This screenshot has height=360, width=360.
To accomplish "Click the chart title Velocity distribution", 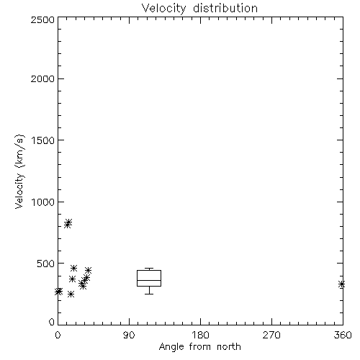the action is (199, 9).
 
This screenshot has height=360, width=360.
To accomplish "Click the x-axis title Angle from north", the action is (199, 347).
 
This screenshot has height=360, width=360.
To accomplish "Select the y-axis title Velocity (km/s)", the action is (19, 172).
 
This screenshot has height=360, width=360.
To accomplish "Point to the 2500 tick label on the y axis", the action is (42, 19).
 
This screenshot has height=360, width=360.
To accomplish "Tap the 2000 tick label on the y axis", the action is (42, 78).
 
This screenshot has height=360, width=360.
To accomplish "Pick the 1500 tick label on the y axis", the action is (43, 140).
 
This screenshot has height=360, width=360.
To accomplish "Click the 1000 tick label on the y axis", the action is (43, 202).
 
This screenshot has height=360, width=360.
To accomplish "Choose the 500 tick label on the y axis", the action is (46, 264).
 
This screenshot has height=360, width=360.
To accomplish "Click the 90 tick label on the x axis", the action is (129, 335).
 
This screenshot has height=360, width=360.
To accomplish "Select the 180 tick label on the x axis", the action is (200, 335).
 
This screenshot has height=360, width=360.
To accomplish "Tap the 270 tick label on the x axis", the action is (271, 335).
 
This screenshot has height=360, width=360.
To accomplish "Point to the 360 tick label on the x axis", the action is (343, 335).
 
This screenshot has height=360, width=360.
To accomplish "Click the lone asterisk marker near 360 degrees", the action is (341, 284).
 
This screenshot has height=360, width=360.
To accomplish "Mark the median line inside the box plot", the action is (149, 280).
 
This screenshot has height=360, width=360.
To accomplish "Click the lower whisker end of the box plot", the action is (149, 294).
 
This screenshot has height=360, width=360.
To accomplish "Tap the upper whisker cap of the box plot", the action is (149, 269).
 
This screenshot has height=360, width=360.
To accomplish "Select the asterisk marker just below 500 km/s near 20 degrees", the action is (73, 268).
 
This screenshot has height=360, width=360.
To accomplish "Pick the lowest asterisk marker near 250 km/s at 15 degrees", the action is (71, 294).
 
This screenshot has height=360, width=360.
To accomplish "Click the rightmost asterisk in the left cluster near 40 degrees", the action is (88, 270).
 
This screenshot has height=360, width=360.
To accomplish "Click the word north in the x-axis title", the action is (229, 347).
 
